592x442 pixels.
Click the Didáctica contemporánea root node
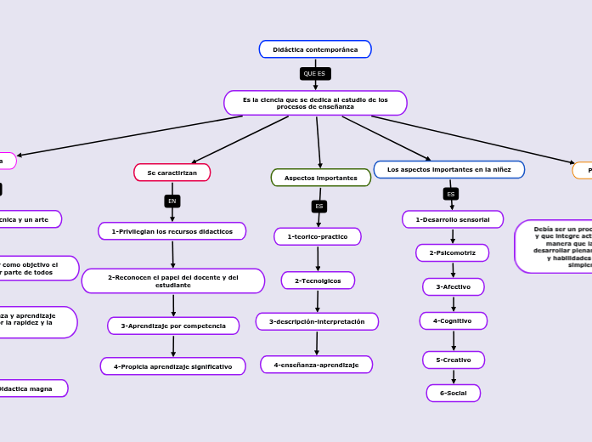click(315, 49)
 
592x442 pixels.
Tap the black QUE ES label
click(315, 74)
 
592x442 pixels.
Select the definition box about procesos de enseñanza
click(315, 103)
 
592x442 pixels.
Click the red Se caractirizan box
click(172, 173)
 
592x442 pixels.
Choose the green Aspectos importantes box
click(320, 178)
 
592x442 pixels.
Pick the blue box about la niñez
click(448, 170)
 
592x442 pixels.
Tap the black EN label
click(172, 201)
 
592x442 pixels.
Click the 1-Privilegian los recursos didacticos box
click(172, 231)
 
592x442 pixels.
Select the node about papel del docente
click(173, 281)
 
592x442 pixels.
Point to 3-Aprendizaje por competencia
click(173, 326)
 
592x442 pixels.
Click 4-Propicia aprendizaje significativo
click(173, 366)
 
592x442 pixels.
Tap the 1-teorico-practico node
click(318, 236)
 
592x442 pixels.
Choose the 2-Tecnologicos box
click(318, 280)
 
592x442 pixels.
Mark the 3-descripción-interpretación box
click(317, 321)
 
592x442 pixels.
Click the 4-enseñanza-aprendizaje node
click(316, 365)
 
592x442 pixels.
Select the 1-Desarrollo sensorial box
click(453, 219)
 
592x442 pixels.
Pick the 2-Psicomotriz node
click(452, 252)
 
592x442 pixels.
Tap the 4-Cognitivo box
click(453, 320)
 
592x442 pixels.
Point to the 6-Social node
click(453, 393)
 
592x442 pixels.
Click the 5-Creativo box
click(454, 360)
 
